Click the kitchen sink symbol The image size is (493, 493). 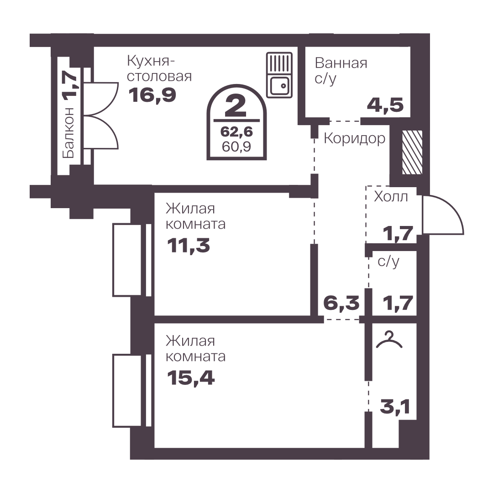pos(279,75)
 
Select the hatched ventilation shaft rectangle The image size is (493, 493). pos(412,152)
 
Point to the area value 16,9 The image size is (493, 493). pos(152,95)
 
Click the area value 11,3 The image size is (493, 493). pos(189,246)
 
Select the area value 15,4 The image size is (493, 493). pos(191,378)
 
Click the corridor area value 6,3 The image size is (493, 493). pos(341,303)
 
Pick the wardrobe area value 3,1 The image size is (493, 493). pos(395,408)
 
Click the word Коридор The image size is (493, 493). pos(354,138)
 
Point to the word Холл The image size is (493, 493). pos(391,197)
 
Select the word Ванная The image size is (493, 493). pos(341,63)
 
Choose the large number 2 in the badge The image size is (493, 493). pos(236,106)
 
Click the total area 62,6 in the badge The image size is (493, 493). pos(236,132)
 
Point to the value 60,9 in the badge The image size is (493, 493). pos(236,147)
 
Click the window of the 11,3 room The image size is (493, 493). pos(132,260)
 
